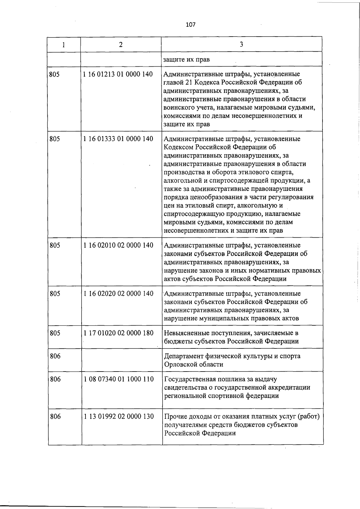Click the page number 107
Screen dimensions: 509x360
(190, 25)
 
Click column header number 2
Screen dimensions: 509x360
(121, 44)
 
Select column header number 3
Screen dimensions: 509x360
(241, 44)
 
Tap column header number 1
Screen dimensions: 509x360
(64, 45)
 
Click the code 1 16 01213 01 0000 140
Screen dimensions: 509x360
(118, 74)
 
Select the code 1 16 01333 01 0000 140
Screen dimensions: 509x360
(118, 139)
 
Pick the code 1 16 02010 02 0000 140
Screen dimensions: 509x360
(118, 245)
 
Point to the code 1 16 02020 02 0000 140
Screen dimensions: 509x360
(118, 293)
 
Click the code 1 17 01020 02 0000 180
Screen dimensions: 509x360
(118, 333)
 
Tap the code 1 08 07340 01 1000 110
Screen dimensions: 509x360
(118, 379)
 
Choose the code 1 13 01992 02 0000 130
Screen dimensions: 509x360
(118, 416)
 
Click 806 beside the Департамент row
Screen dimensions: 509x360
(55, 356)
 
